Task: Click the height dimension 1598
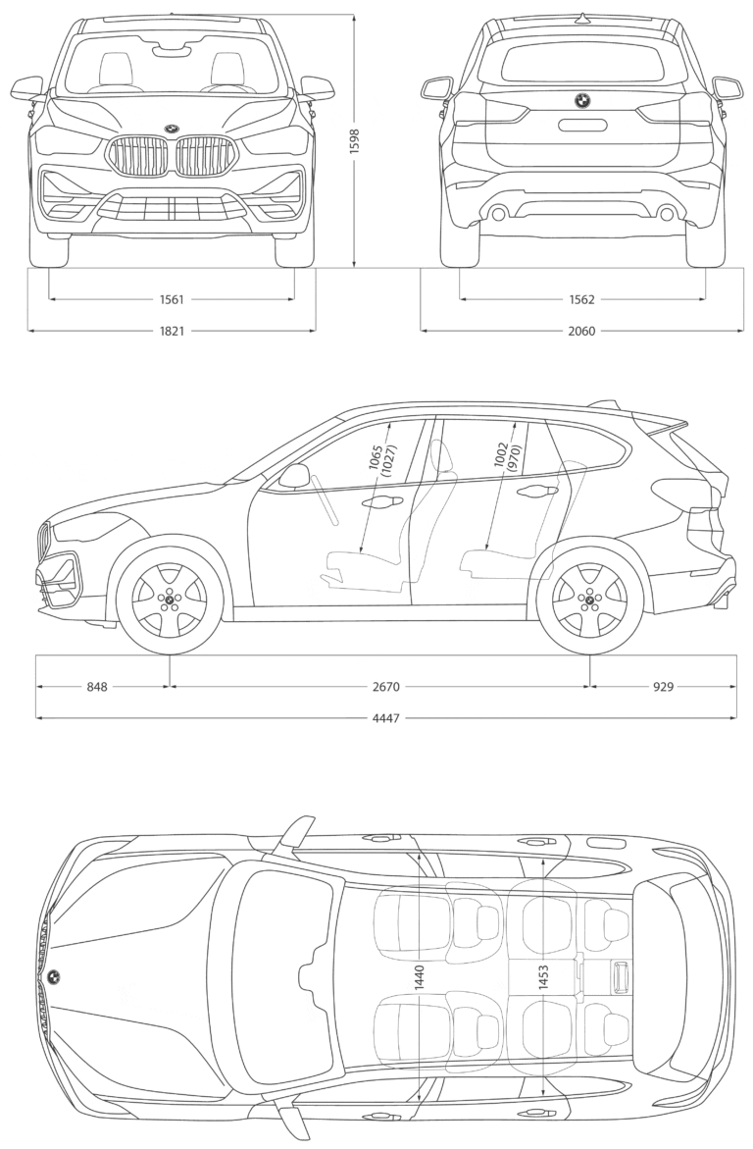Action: pos(355,136)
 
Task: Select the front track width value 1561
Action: pos(172,299)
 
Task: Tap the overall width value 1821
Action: pos(172,331)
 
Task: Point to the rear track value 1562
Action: pos(582,299)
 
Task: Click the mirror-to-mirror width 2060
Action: pos(582,331)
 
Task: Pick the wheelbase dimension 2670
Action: pos(386,687)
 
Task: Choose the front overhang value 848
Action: pos(97,687)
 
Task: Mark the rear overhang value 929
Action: pos(663,687)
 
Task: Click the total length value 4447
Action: pos(386,718)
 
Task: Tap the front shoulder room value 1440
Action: pos(420,979)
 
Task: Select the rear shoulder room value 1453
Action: pos(543,979)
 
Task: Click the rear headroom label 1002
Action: pos(500,455)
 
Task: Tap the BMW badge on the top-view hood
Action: pos(54,976)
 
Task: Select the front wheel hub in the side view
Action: pos(170,601)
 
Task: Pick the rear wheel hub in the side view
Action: pos(590,601)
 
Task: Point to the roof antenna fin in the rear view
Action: pos(582,18)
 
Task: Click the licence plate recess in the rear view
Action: pos(582,125)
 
